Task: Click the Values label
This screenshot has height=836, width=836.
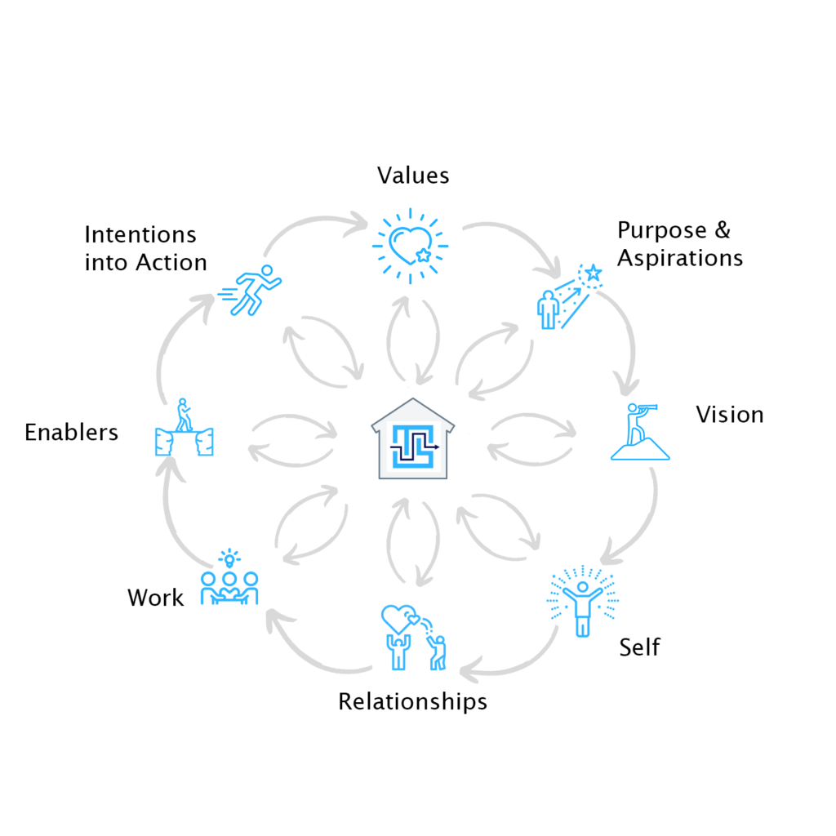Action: [x=413, y=176]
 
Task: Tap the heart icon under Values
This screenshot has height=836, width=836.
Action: [x=409, y=244]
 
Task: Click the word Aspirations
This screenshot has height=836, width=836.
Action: [x=680, y=259]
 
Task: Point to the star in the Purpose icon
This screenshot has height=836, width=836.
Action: [x=593, y=271]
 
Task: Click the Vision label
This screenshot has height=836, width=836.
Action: [x=730, y=415]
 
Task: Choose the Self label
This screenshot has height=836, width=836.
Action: [x=639, y=647]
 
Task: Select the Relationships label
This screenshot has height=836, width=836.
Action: [x=413, y=701]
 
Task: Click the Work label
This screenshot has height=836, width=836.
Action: [x=156, y=598]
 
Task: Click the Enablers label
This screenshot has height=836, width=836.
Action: [x=72, y=432]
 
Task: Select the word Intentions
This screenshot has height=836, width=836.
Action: [x=140, y=235]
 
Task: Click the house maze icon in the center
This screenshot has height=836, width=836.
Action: [x=412, y=438]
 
